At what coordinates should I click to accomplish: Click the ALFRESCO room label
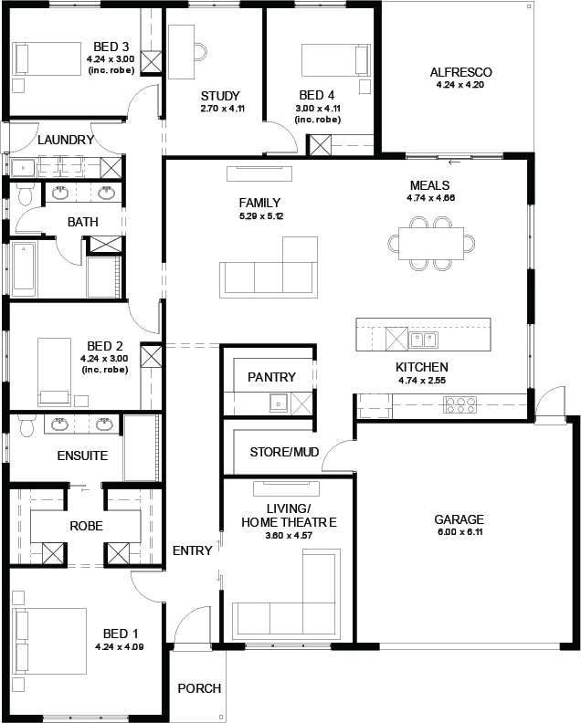pos(460,72)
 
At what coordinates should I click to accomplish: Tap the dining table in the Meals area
pos(431,243)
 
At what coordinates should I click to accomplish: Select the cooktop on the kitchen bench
pos(460,404)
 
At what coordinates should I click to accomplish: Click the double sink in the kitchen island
pos(424,340)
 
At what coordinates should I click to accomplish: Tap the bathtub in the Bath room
pos(23,269)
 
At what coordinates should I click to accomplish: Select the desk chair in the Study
pos(201,52)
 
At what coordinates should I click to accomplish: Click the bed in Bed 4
pos(336,60)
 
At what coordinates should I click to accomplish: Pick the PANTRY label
pos(271,377)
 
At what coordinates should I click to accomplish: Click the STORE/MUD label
pos(284,452)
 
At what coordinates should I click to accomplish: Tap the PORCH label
pos(199,688)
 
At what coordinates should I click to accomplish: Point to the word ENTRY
pos(193,550)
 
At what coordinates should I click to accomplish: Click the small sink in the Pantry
pos(279,403)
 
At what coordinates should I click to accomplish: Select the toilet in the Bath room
pos(26,194)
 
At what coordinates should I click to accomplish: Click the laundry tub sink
pos(23,168)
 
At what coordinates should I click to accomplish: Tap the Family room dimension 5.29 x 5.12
pos(261,215)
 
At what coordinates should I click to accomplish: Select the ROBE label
pos(86,526)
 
